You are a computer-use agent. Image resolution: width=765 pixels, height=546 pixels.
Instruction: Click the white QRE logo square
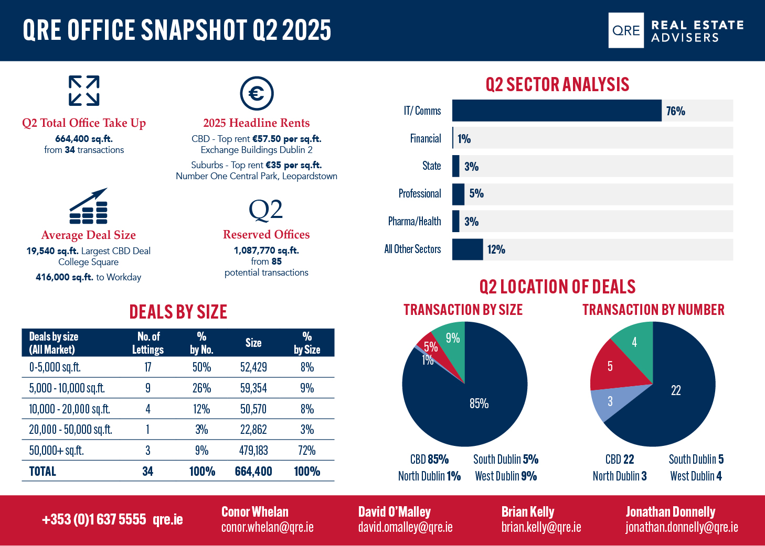click(626, 30)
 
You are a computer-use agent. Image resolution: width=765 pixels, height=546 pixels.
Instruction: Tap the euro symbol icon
click(257, 93)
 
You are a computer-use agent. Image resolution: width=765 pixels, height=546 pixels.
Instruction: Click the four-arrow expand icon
click(84, 91)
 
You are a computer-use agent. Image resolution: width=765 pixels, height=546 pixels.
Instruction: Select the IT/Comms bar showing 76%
click(557, 111)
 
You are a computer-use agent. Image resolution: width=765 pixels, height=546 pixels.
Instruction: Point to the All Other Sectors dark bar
click(467, 249)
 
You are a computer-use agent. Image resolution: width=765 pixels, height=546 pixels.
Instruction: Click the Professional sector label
click(420, 194)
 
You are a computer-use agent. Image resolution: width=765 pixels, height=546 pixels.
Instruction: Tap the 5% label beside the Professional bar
click(476, 194)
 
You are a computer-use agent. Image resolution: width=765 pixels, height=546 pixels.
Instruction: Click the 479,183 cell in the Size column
click(253, 450)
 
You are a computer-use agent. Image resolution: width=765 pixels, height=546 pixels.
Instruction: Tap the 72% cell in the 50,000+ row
click(307, 450)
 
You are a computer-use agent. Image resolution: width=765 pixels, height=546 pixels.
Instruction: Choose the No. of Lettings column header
click(148, 343)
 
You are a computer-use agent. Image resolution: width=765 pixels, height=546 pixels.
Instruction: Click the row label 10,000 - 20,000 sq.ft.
click(70, 409)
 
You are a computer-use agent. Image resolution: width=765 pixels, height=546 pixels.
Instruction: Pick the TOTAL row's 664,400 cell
click(253, 471)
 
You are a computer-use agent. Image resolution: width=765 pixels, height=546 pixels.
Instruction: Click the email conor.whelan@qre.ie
click(268, 527)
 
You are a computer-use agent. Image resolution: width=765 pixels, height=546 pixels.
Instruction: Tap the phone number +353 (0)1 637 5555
click(94, 519)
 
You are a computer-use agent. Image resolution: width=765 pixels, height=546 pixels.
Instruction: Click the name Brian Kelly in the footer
click(528, 511)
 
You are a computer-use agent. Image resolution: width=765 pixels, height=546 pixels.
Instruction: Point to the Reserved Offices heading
click(267, 235)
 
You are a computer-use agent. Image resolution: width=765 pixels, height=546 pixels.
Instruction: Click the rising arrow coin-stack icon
click(89, 205)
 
